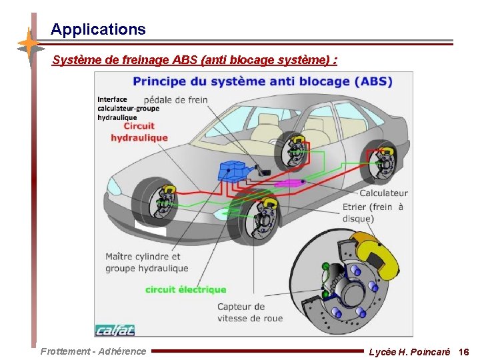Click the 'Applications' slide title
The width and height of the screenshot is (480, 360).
pyautogui.click(x=98, y=29)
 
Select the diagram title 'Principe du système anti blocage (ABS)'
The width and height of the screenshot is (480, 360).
pyautogui.click(x=263, y=82)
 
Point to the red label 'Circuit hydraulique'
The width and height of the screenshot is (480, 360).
pyautogui.click(x=139, y=131)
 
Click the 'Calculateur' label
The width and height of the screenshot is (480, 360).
pyautogui.click(x=383, y=193)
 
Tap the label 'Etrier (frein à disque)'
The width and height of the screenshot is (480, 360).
pyautogui.click(x=373, y=213)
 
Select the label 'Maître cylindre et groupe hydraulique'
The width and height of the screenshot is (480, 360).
pyautogui.click(x=147, y=262)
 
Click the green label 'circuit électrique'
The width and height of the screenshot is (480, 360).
pyautogui.click(x=185, y=289)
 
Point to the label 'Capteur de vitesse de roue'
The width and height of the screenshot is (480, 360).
pyautogui.click(x=250, y=312)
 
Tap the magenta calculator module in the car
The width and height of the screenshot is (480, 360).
pyautogui.click(x=289, y=182)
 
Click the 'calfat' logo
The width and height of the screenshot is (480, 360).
pyautogui.click(x=115, y=329)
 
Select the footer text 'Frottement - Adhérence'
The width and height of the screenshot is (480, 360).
pyautogui.click(x=93, y=351)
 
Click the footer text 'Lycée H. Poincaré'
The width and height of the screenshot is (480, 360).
pyautogui.click(x=409, y=351)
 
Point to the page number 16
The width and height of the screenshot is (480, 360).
pyautogui.click(x=464, y=351)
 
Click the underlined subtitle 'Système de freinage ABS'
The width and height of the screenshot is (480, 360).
pyautogui.click(x=194, y=60)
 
